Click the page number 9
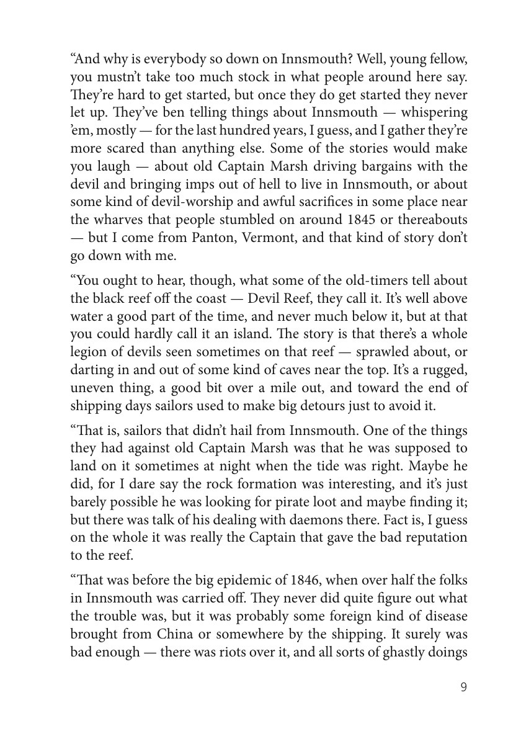(x=464, y=686)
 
